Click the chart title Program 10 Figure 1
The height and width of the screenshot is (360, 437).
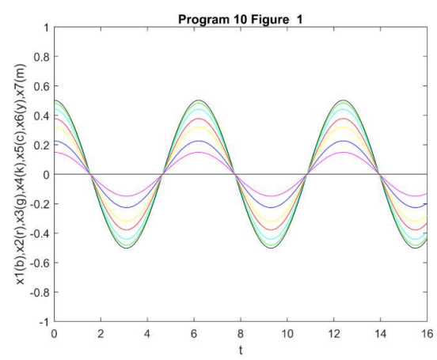pos(241,10)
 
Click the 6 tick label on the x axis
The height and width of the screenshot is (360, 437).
pos(194,334)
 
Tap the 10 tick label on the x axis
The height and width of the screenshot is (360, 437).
pos(287,334)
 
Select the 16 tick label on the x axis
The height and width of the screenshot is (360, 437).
pos(427,334)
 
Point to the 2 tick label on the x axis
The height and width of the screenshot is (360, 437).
pos(101,334)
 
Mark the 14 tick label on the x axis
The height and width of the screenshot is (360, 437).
pos(380,334)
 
